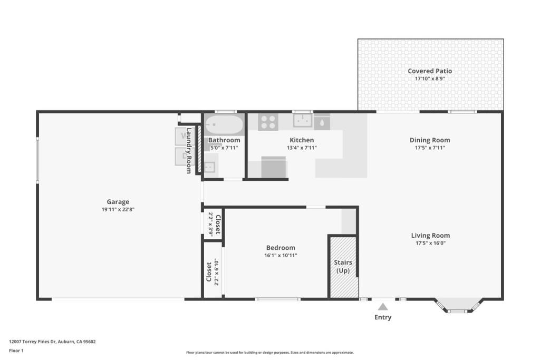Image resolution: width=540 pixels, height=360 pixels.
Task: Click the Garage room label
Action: click(118, 202)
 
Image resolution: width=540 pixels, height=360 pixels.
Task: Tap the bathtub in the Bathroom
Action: click(224, 125)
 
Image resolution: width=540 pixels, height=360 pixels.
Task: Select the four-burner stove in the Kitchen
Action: click(268, 122)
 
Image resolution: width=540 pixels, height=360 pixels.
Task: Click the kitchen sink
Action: click(303, 121)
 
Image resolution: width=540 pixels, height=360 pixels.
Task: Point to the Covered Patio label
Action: click(430, 71)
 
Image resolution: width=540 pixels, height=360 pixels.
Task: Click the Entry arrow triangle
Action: click(383, 307)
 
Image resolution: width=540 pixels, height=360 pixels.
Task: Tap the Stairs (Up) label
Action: click(343, 266)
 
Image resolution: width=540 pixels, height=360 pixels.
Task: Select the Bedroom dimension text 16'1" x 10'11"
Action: click(281, 255)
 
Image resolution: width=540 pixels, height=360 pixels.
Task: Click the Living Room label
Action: click(430, 236)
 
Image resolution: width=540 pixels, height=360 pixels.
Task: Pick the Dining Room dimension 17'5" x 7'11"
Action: click(430, 148)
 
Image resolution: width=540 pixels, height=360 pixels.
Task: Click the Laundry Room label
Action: click(189, 150)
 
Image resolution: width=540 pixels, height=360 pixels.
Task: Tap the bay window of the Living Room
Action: click(457, 306)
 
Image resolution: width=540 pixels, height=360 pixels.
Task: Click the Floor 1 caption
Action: click(16, 351)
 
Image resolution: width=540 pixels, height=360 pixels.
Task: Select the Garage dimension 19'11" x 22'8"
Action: click(118, 209)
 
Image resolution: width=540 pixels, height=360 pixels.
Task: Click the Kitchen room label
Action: click(302, 140)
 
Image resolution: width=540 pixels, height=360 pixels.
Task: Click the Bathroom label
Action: click(224, 140)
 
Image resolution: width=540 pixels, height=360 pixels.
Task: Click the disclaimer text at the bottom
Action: click(270, 353)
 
